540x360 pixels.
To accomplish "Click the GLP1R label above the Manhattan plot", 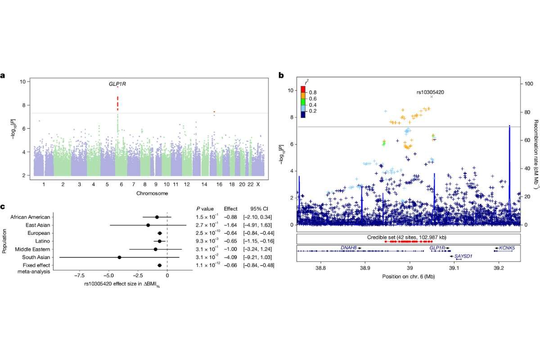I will tap(117, 84).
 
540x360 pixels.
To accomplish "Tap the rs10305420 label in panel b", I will tap(431, 91).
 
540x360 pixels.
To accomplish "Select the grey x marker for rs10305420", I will tap(431, 97).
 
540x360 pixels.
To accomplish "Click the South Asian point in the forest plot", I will tap(119, 257).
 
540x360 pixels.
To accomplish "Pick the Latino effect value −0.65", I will tap(230, 241).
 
